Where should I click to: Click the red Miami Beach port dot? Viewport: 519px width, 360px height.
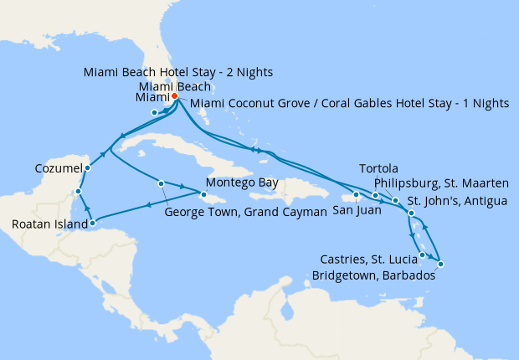tap(174, 96)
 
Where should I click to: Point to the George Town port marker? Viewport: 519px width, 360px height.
tap(160, 183)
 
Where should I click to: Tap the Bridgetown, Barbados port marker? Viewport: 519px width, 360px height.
tap(440, 265)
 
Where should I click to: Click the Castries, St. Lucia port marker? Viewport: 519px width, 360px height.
tap(423, 255)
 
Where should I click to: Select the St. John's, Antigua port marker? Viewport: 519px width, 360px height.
tap(411, 214)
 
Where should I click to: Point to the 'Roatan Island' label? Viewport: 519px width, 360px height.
tap(48, 224)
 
